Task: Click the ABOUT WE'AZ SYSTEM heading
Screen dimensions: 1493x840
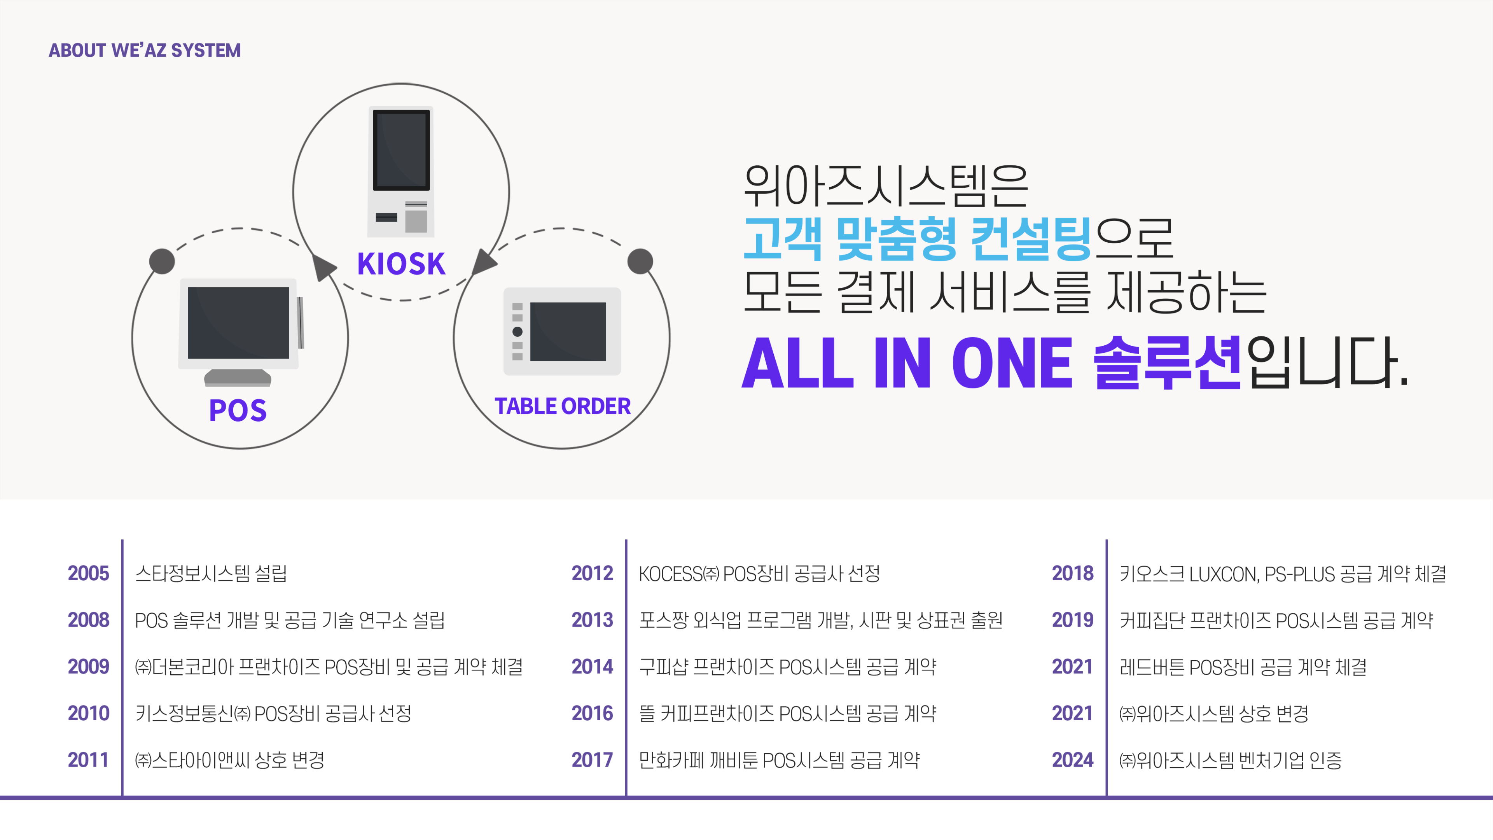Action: (144, 51)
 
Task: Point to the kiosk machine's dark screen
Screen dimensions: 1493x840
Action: (401, 150)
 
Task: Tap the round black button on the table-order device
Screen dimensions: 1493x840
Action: (517, 332)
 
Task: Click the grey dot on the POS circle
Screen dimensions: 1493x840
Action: (162, 261)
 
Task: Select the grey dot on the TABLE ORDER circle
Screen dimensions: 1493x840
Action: (640, 261)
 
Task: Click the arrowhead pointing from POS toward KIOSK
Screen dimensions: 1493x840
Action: (323, 267)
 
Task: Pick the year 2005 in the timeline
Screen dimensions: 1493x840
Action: (88, 573)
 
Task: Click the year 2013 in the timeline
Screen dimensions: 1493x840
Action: (592, 620)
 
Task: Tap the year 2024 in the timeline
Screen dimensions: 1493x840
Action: (1072, 759)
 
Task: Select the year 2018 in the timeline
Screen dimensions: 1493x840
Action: (1072, 573)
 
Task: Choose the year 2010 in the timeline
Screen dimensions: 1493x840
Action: (88, 713)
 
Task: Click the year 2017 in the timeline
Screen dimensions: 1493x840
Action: (592, 759)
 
